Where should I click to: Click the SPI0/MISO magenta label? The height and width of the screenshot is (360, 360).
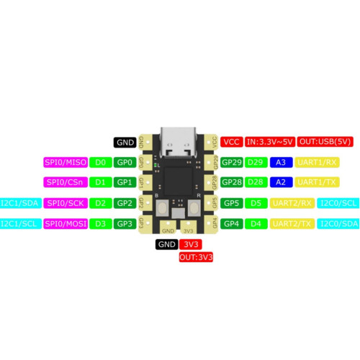click(x=66, y=163)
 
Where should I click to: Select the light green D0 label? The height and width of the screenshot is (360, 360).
click(x=101, y=163)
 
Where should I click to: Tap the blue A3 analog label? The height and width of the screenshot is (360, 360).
click(x=281, y=163)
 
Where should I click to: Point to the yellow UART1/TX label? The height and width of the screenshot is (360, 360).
click(x=317, y=182)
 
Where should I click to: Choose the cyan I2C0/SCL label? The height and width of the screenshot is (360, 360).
click(x=338, y=203)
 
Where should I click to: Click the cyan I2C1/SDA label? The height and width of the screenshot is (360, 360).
click(x=20, y=203)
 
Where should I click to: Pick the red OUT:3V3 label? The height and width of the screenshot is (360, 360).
click(x=196, y=257)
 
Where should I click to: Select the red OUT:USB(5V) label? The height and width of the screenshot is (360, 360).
click(x=325, y=142)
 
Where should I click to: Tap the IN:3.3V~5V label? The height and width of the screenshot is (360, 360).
click(x=270, y=142)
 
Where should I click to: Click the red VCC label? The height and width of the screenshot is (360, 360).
click(x=232, y=142)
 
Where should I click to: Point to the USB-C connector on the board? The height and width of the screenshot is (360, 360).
click(x=178, y=143)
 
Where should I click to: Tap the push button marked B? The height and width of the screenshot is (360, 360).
click(x=162, y=208)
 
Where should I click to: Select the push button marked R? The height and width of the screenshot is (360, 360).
click(x=194, y=208)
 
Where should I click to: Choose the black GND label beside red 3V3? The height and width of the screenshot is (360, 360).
click(x=167, y=244)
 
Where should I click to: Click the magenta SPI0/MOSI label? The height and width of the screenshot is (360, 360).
click(x=66, y=224)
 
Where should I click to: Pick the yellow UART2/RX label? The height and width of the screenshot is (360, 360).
click(x=292, y=203)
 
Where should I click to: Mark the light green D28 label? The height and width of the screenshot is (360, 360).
click(x=256, y=182)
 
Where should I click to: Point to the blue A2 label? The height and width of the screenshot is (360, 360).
click(x=281, y=182)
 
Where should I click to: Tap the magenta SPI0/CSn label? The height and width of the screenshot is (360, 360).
click(x=66, y=182)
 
